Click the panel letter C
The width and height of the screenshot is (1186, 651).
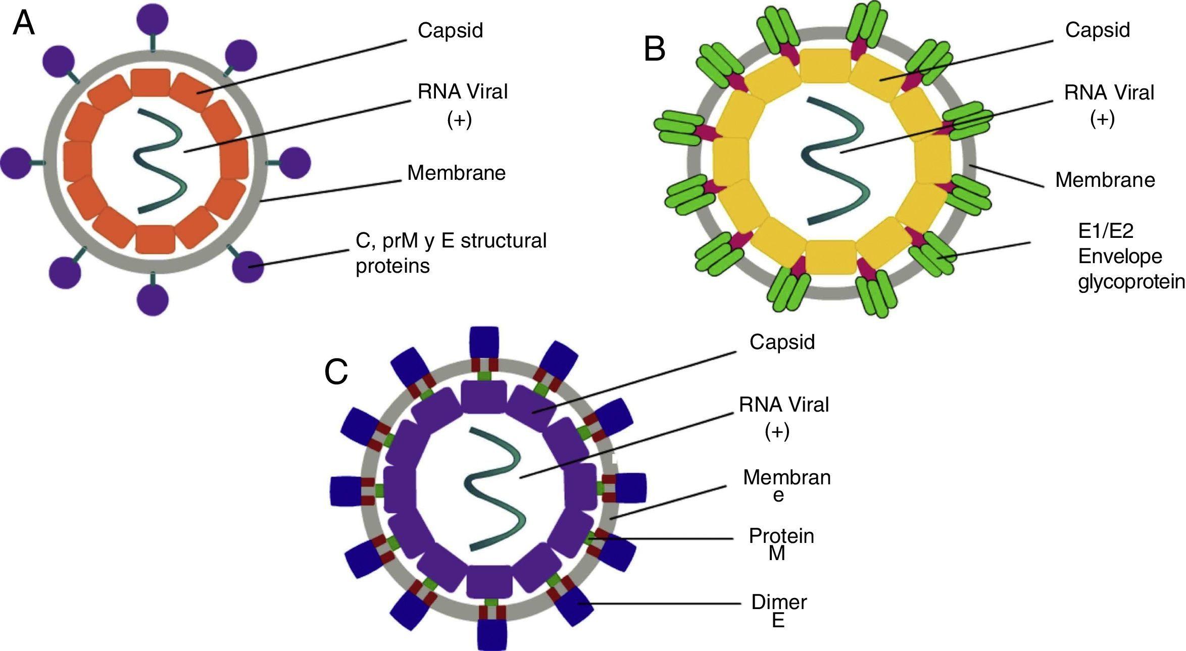tap(336, 372)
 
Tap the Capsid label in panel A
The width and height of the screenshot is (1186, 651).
tap(450, 30)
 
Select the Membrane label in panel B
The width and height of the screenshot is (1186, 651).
tap(1105, 180)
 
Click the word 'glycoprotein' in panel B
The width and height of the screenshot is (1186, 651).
tap(1131, 281)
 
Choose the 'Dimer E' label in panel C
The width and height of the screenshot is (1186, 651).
tap(779, 611)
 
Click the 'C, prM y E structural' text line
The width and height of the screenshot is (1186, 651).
tap(451, 241)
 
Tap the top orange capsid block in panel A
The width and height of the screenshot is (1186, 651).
tap(151, 82)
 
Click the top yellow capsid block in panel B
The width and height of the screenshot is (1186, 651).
tap(825, 66)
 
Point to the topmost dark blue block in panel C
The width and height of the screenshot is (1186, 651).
tap(484, 342)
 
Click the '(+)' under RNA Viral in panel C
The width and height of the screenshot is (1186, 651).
tap(777, 432)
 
